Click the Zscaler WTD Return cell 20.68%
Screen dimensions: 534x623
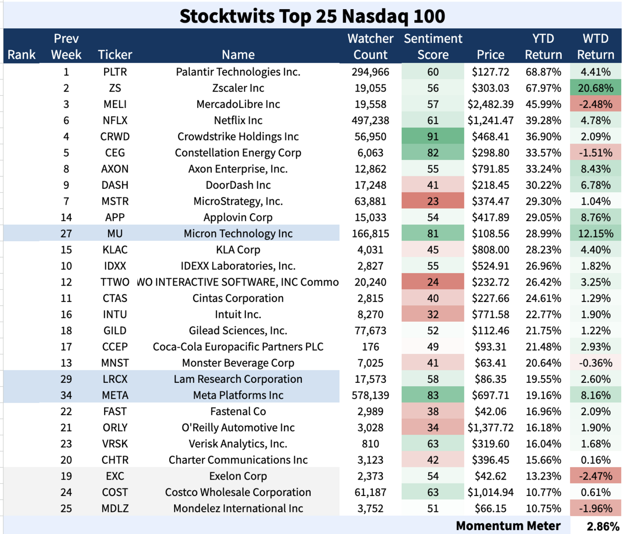[596, 88]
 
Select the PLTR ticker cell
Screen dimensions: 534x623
[115, 72]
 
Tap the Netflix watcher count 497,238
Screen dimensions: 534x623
[370, 120]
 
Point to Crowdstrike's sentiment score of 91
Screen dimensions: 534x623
[433, 137]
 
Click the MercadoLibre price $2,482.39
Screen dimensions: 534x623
[490, 104]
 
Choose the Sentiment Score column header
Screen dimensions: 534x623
[433, 46]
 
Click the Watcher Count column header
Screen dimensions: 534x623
[370, 46]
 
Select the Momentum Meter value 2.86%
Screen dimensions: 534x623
[603, 526]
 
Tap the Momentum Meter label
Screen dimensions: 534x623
[508, 526]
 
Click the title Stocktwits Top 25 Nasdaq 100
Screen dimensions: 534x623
[312, 16]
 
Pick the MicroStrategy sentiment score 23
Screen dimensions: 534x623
[433, 201]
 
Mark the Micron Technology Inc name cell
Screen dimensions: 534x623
[238, 234]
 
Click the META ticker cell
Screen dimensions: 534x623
[115, 395]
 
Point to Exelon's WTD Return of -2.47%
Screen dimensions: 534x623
[596, 476]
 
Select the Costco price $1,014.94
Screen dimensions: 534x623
[490, 492]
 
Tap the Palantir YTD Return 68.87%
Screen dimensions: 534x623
[543, 72]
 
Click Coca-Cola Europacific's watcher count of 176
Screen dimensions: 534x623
[370, 347]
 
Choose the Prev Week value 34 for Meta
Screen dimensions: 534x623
[66, 395]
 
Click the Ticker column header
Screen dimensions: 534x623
[115, 54]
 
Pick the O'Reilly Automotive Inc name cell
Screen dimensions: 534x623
[238, 428]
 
